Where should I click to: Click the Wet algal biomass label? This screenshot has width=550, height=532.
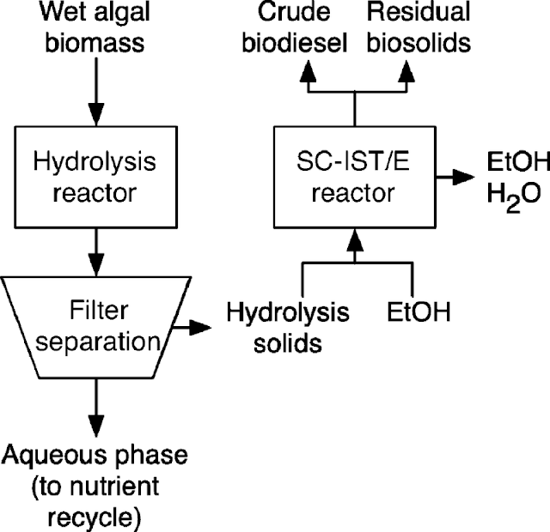point(95,27)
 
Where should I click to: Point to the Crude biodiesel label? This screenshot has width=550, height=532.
point(295,27)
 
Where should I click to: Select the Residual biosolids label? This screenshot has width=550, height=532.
point(419,27)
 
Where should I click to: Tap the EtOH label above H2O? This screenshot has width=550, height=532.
point(518,162)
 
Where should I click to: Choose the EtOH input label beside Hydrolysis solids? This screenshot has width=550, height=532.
point(419,311)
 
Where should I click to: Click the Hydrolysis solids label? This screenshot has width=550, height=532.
point(288,328)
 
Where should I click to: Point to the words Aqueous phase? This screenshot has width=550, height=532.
point(95,456)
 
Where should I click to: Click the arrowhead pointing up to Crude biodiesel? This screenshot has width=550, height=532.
point(308,71)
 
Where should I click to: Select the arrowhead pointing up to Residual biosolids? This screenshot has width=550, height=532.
point(406,71)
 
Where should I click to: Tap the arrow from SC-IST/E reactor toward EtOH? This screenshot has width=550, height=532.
point(455,177)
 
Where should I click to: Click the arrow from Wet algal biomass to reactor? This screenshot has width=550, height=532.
point(95,92)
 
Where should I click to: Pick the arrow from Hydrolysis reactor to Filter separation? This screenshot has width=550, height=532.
point(95,252)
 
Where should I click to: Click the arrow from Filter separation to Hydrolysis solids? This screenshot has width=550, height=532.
point(192,328)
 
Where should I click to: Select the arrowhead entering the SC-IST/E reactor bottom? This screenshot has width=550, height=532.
point(355,240)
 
